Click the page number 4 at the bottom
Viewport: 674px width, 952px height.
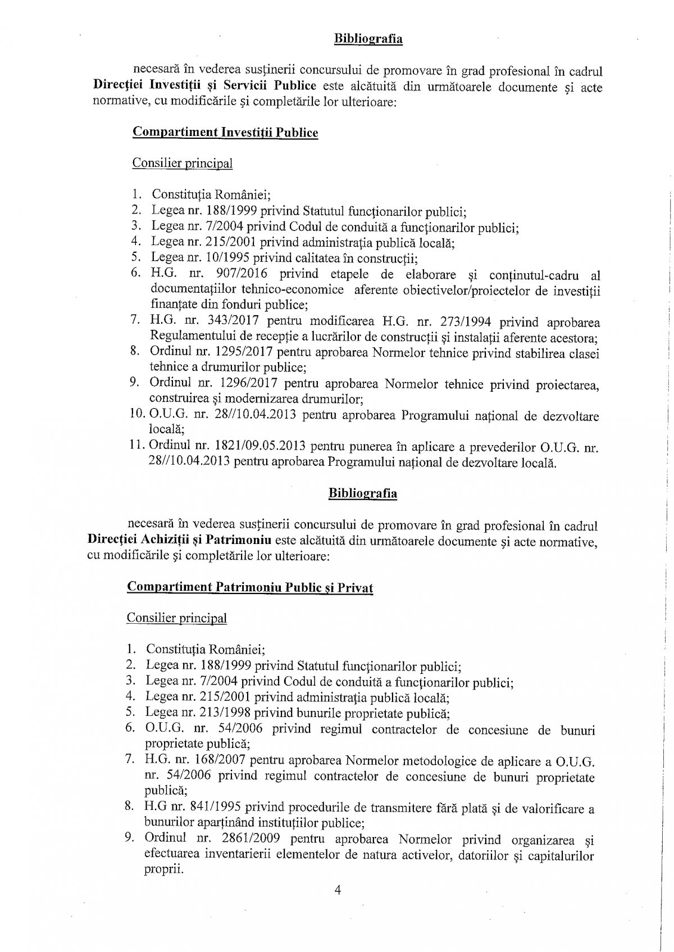pyautogui.click(x=338, y=890)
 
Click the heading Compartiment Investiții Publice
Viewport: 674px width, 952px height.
pyautogui.click(x=225, y=133)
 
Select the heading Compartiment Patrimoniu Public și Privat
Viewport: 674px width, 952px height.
pyautogui.click(x=250, y=587)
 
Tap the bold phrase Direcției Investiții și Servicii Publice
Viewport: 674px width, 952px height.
pyautogui.click(x=205, y=87)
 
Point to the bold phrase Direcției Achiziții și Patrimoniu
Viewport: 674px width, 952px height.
pyautogui.click(x=180, y=541)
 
